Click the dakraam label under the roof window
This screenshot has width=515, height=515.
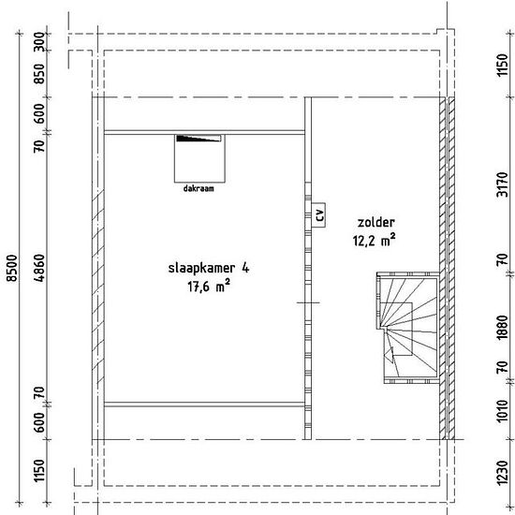tap(199, 188)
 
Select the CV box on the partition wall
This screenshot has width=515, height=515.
tap(318, 214)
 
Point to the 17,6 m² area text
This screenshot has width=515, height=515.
tap(209, 287)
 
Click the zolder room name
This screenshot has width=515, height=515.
tap(376, 222)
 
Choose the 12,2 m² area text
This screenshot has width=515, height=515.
tap(375, 240)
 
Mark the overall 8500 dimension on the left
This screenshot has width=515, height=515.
tap(12, 268)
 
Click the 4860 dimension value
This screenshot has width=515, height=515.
tap(39, 268)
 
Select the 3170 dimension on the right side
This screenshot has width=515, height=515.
tap(502, 184)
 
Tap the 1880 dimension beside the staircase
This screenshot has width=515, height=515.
tap(502, 327)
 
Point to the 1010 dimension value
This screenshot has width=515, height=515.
tap(502, 410)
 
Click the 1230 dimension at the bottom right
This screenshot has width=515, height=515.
tap(502, 473)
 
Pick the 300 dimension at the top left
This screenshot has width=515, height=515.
tap(39, 41)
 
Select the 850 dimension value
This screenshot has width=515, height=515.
tap(39, 74)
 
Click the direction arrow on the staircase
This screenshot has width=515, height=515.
tap(390, 355)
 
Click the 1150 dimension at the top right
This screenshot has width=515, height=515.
tap(502, 65)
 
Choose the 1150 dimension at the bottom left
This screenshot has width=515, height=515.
tap(39, 470)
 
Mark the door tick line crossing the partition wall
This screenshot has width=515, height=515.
tap(308, 302)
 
